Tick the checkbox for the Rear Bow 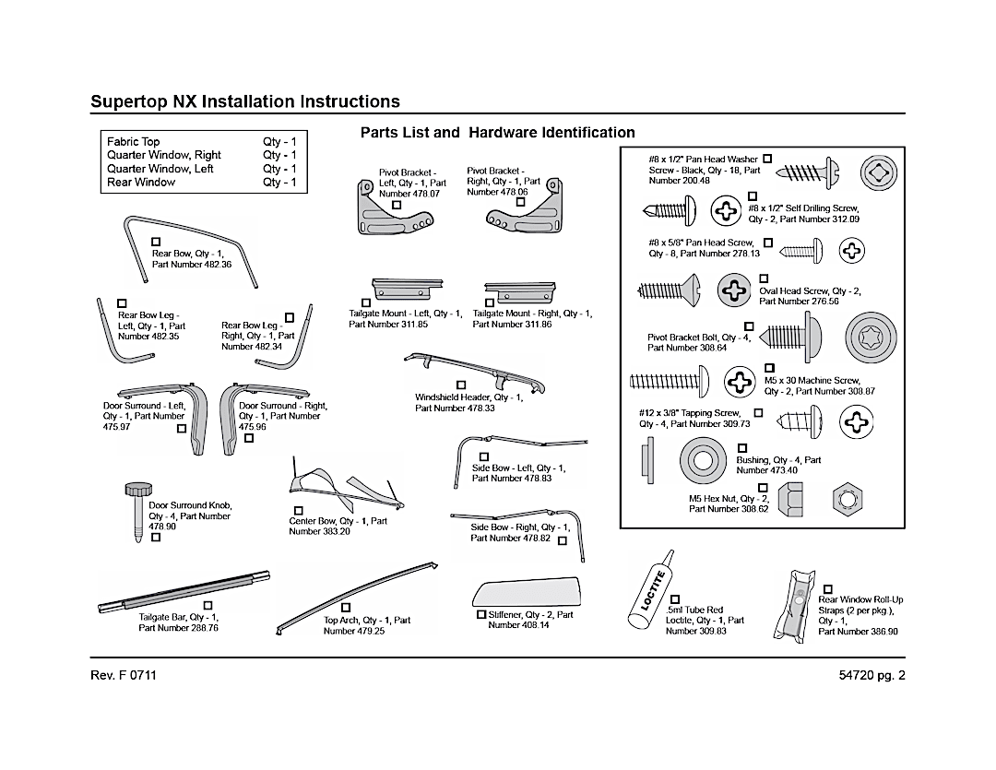(156, 242)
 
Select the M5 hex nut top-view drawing (846, 499)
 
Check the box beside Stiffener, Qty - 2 (480, 614)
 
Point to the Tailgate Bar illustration (184, 590)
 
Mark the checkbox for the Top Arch (346, 608)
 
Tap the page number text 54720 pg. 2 (866, 675)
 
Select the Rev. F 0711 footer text (124, 675)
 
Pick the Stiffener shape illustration (527, 590)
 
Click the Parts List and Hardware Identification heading (497, 133)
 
